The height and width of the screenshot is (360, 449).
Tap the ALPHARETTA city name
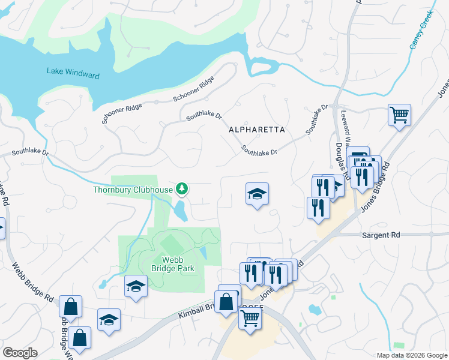tap(256, 130)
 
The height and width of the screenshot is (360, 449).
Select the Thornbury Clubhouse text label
tap(132, 190)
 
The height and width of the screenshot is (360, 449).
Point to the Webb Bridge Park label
tap(169, 265)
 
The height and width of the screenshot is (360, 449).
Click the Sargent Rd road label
tap(381, 236)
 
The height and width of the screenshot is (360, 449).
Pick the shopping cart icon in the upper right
tap(399, 114)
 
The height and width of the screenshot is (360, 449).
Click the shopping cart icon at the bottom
tap(250, 318)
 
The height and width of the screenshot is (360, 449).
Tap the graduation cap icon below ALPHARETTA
tap(257, 194)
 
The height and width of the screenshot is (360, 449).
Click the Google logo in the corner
tap(20, 353)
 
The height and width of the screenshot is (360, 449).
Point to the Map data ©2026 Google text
tap(411, 355)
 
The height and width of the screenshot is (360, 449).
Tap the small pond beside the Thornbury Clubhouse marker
tap(179, 211)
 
